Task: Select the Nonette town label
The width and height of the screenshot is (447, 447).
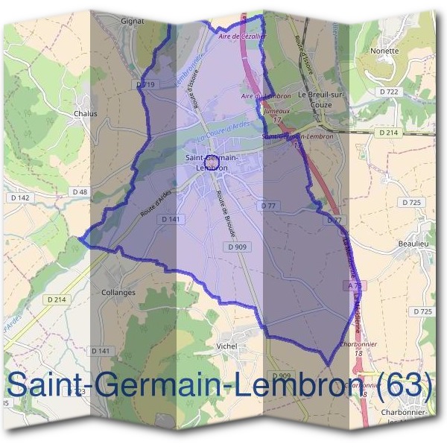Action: click(x=384, y=51)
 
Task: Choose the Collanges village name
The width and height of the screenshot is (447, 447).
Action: click(x=118, y=293)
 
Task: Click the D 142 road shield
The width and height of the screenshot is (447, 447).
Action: click(x=19, y=197)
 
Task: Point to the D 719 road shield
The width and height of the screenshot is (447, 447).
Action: click(x=145, y=85)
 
